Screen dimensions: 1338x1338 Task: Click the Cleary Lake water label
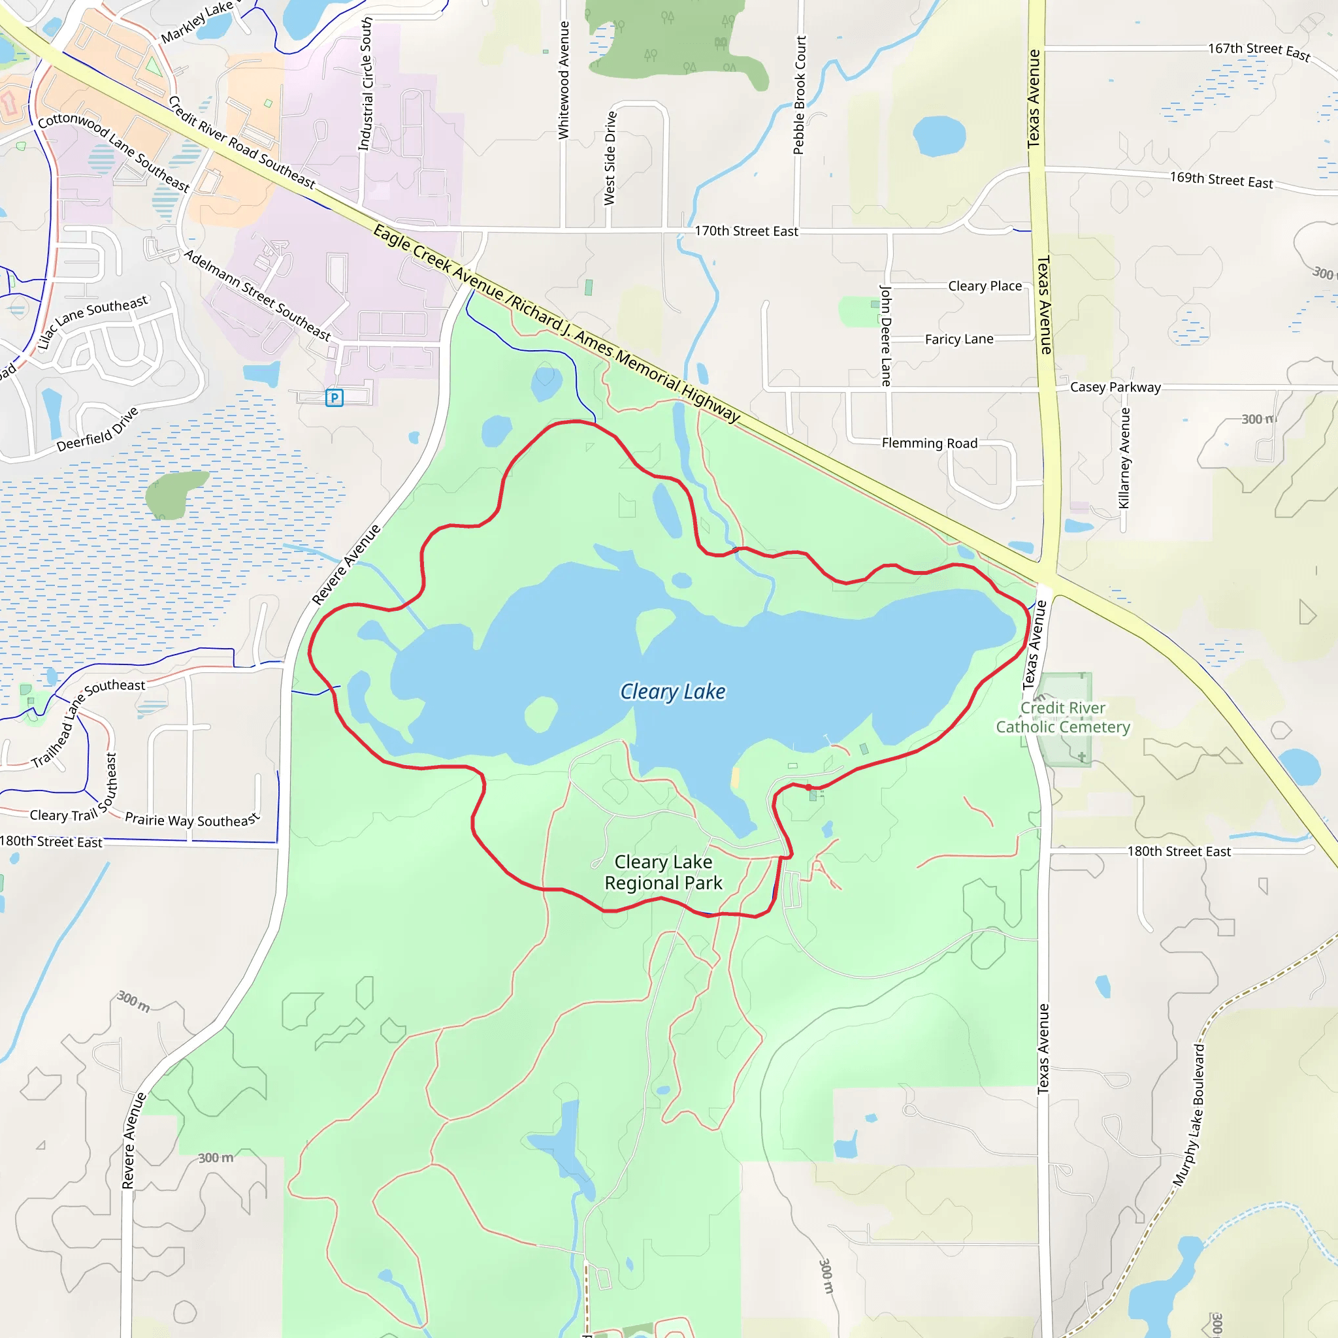tap(672, 691)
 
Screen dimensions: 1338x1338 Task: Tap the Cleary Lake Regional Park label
tap(664, 872)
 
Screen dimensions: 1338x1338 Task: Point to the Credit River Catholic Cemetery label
tap(1063, 717)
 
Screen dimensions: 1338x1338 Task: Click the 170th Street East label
tap(746, 231)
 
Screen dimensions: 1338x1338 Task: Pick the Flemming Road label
tap(930, 443)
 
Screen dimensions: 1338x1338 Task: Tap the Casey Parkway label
tap(1115, 387)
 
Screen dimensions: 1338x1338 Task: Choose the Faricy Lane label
tap(959, 339)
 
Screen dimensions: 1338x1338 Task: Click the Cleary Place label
tap(985, 286)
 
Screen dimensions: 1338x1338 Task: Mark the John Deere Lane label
tap(886, 335)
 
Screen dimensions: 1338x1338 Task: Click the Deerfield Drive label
tap(97, 430)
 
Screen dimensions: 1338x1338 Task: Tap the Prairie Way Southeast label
tap(192, 820)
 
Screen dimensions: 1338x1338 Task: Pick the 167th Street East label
tap(1259, 52)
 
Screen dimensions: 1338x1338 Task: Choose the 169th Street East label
tap(1222, 180)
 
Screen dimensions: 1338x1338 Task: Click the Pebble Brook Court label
tap(800, 95)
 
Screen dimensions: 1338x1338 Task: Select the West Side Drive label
tap(610, 159)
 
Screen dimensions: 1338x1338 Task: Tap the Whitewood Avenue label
tap(564, 80)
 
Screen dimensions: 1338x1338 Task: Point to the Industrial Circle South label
tap(365, 84)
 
